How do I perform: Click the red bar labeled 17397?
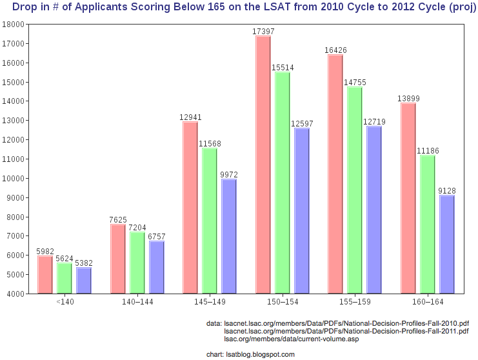[263, 165]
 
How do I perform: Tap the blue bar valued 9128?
[446, 244]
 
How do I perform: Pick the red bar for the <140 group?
[45, 274]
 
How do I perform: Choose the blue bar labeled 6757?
[157, 267]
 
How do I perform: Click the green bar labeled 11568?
[210, 221]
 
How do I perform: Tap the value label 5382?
[84, 263]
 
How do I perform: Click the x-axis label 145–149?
[209, 302]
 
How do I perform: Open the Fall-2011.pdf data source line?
[346, 331]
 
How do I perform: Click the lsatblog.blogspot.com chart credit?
[259, 354]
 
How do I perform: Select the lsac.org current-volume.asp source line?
[291, 339]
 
